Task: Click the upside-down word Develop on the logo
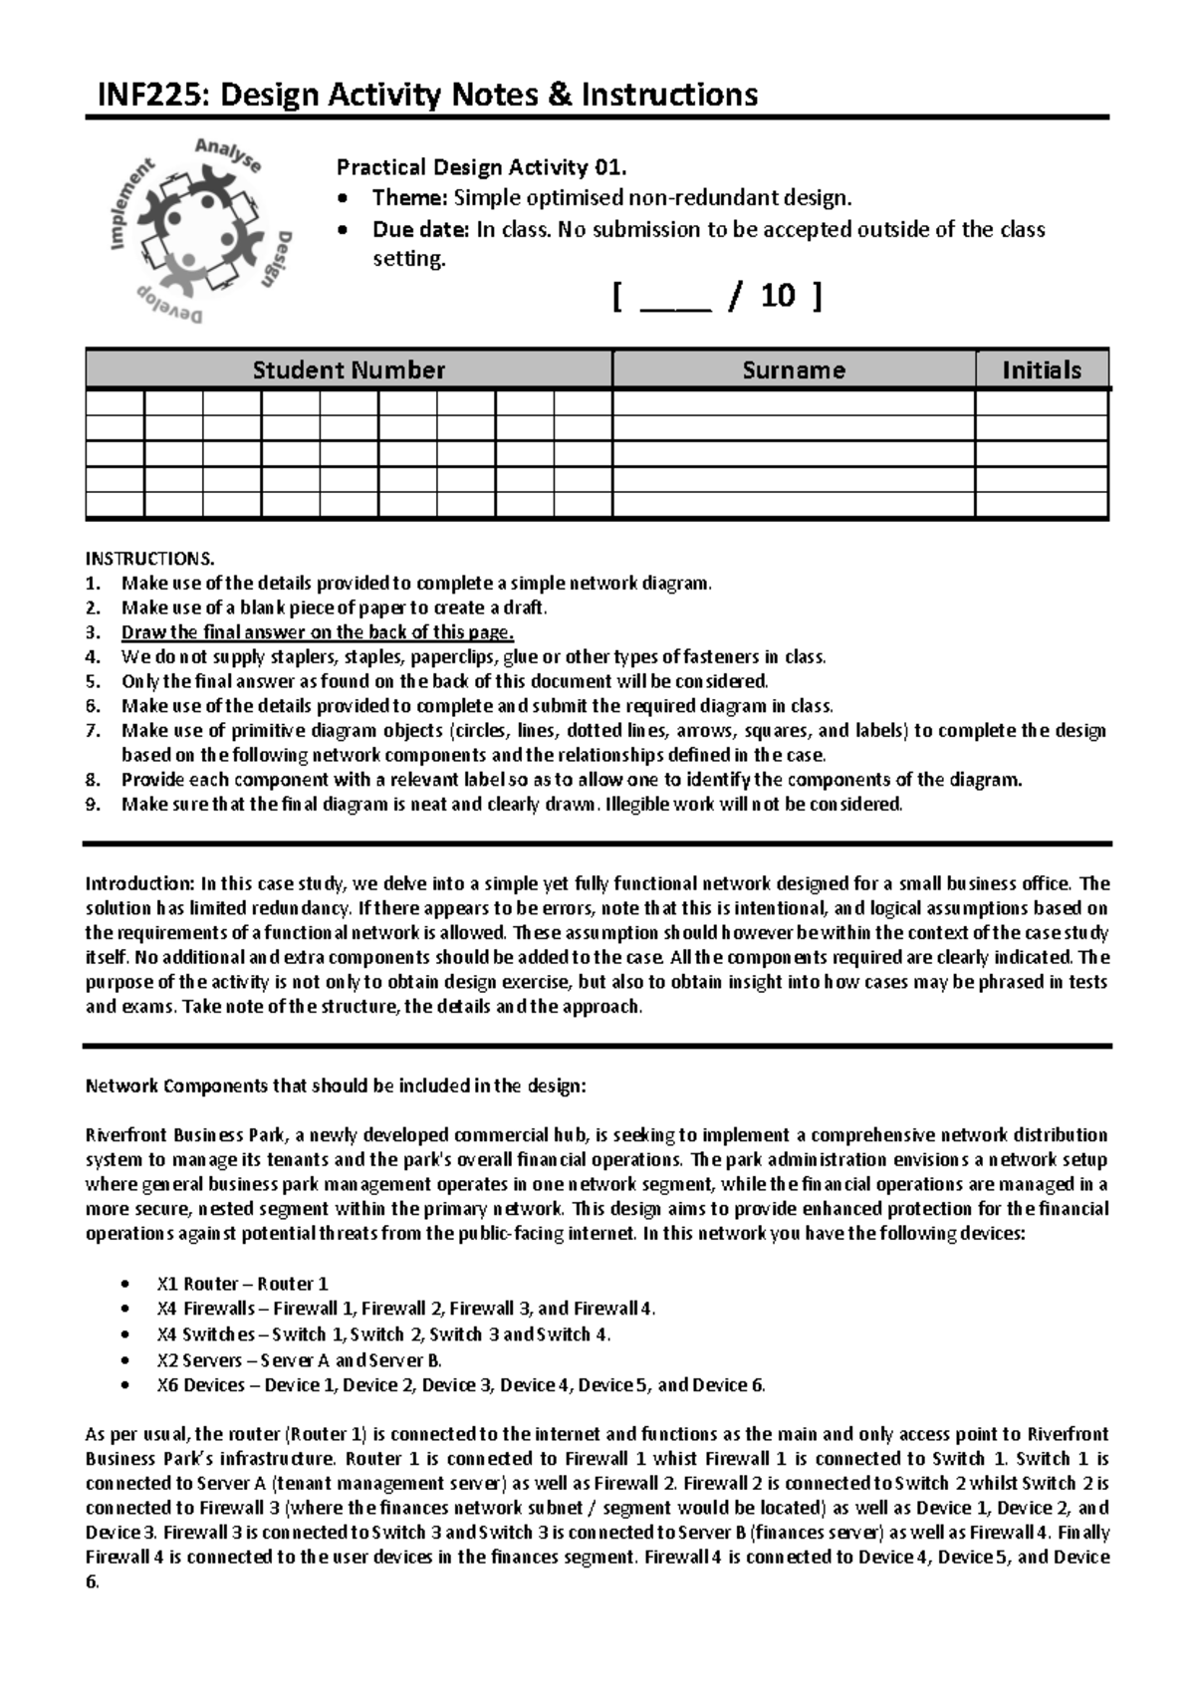169,306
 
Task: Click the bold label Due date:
419,229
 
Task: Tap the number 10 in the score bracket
777,296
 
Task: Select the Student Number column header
348,370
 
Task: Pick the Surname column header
793,370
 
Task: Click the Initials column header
1041,370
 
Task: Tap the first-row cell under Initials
1041,403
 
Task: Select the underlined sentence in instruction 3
318,632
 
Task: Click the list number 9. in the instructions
93,805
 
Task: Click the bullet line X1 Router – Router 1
242,1284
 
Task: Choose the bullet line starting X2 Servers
299,1360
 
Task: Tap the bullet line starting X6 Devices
460,1385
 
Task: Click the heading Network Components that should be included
344,1086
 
